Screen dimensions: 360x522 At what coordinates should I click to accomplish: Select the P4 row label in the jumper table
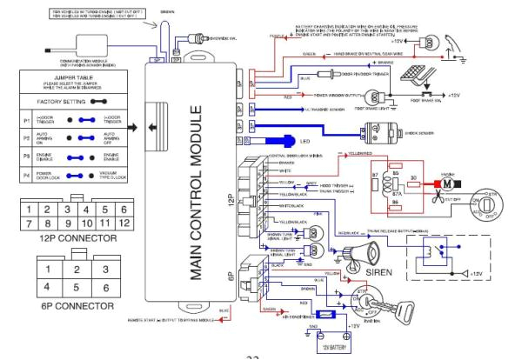coord(13,173)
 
